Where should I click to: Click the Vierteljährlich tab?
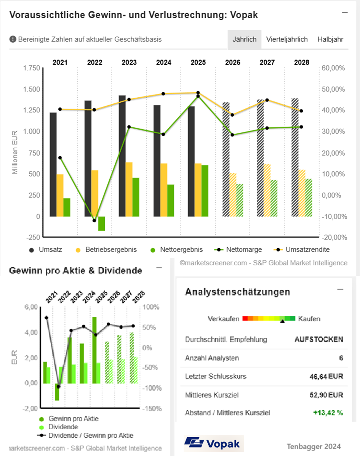pos(287,39)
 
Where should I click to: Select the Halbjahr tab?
pos(330,39)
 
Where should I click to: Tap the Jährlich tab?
pos(244,39)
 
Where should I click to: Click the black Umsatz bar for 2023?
pos(122,156)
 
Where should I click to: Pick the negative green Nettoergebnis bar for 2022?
pos(101,224)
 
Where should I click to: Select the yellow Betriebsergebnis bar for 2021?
pos(60,196)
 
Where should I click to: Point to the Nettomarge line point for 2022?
pos(94,220)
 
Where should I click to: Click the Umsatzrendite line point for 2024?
pos(163,94)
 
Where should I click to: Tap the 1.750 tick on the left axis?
pos(32,68)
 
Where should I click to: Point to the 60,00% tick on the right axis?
pos(333,68)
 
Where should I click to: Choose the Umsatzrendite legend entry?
pos(302,249)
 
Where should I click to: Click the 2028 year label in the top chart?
pos(302,62)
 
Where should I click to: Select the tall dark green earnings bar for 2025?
pos(94,350)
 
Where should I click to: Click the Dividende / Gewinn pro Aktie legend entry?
pos(85,435)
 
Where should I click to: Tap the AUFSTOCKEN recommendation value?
pos(319,339)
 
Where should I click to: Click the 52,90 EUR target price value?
pos(326,395)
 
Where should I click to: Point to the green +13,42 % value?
pos(328,413)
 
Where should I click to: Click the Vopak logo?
pos(213,443)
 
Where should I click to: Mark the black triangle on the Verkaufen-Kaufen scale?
pos(282,321)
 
